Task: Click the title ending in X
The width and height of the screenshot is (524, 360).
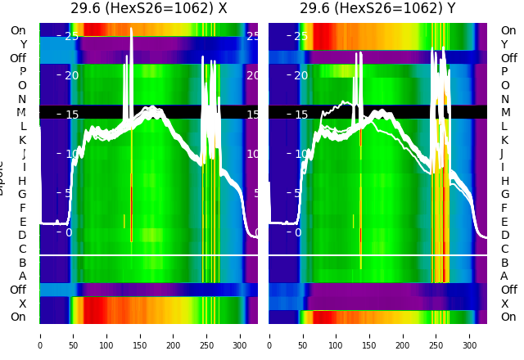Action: point(148,9)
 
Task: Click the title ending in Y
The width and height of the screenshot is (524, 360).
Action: point(377,9)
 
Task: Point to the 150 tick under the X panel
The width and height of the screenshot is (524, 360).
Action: point(140,335)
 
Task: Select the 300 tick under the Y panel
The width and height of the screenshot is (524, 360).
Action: point(470,335)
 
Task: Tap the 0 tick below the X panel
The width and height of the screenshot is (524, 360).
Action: point(40,335)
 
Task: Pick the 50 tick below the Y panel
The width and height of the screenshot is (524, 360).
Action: point(303,335)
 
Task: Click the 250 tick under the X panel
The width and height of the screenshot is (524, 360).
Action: point(207,335)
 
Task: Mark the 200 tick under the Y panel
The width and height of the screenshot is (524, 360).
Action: point(403,335)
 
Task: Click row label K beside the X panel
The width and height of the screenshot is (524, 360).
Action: point(22,140)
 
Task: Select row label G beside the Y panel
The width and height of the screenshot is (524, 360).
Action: point(504,194)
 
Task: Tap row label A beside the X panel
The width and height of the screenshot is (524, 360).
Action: point(22,276)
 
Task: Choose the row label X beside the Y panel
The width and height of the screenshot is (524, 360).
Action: point(504,304)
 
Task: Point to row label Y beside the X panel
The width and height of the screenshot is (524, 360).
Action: point(22,44)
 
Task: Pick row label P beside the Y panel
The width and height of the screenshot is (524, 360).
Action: point(504,72)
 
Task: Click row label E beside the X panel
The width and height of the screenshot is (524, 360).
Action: point(22,222)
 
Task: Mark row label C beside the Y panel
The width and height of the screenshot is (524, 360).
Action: point(504,249)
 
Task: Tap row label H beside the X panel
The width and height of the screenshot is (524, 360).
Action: point(22,181)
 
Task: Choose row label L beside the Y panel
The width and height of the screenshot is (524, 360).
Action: point(504,126)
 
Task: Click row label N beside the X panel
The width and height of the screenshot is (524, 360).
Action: point(22,99)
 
